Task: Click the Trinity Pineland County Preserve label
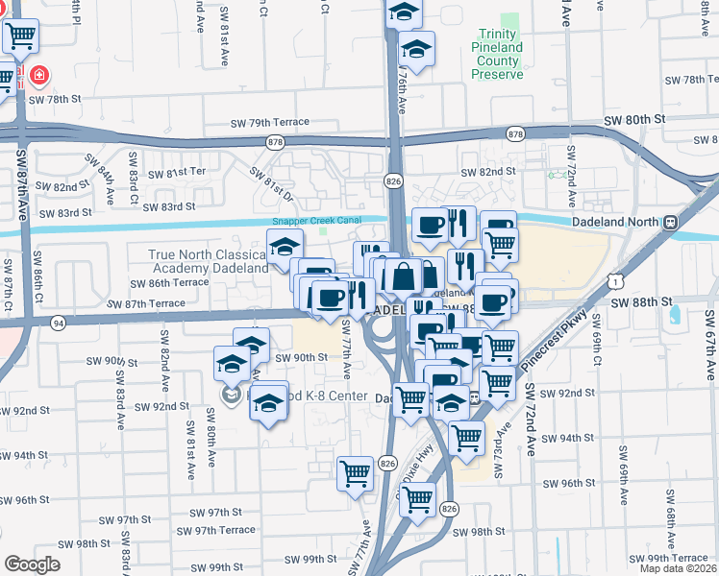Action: click(x=501, y=54)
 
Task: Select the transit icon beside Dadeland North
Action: click(x=669, y=222)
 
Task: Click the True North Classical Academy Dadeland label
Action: click(x=209, y=261)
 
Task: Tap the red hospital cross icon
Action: click(x=39, y=74)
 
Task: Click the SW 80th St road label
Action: click(x=634, y=119)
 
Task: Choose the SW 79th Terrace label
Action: click(x=270, y=122)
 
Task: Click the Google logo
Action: click(x=32, y=564)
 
